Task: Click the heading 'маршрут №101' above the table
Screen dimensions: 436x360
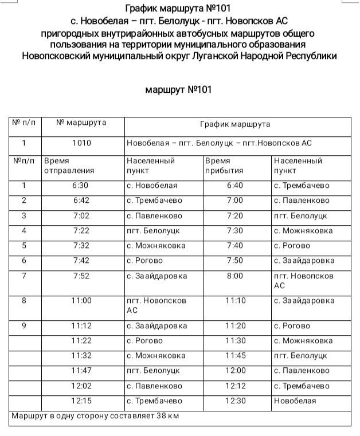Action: (x=179, y=90)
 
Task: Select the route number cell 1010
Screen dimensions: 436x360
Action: (x=81, y=143)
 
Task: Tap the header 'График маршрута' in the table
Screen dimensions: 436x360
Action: (x=235, y=124)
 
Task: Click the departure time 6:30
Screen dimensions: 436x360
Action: (x=81, y=186)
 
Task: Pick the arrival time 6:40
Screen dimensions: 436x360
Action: (x=235, y=186)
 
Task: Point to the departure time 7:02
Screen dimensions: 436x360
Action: (x=81, y=216)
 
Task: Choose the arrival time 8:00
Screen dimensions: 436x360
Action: (x=235, y=276)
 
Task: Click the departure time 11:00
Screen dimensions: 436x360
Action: (x=81, y=301)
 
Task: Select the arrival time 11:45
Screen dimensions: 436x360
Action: (x=235, y=356)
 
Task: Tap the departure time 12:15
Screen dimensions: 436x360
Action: (x=81, y=401)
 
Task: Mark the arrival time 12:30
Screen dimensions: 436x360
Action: (x=235, y=401)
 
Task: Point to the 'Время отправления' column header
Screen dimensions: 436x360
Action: (x=69, y=166)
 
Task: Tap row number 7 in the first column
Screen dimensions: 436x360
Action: (x=24, y=276)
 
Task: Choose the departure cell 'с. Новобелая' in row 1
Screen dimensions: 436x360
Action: (x=152, y=186)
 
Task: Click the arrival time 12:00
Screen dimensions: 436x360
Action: (x=235, y=371)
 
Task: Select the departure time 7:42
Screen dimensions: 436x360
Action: (x=81, y=261)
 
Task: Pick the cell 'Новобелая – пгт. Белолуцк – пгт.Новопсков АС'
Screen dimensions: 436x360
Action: (x=219, y=143)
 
